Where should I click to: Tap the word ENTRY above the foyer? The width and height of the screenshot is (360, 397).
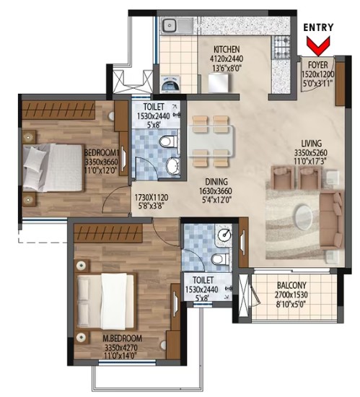(x=318, y=27)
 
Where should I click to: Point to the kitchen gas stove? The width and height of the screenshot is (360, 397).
(x=281, y=47)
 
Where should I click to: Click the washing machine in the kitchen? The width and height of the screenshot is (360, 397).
(x=171, y=83)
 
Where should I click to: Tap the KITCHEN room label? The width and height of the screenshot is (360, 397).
(x=227, y=49)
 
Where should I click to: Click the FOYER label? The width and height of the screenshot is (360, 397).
(x=317, y=65)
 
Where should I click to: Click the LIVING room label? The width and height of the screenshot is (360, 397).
(x=312, y=144)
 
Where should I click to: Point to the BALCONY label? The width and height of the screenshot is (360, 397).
(x=291, y=286)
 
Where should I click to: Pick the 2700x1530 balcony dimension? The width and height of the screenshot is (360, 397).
(x=291, y=295)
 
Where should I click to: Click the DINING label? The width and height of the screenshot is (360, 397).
(x=216, y=182)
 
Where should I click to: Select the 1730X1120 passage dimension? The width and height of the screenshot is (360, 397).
(x=152, y=197)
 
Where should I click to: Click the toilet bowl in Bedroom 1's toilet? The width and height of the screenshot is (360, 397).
(x=167, y=141)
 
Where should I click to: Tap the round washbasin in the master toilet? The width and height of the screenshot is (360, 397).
(x=224, y=235)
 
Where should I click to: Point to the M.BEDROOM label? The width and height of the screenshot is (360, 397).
(x=122, y=339)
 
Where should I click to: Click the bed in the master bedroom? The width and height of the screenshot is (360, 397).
(x=105, y=302)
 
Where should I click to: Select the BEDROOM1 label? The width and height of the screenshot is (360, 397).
(x=101, y=153)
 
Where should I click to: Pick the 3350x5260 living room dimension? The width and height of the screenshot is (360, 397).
(x=311, y=153)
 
